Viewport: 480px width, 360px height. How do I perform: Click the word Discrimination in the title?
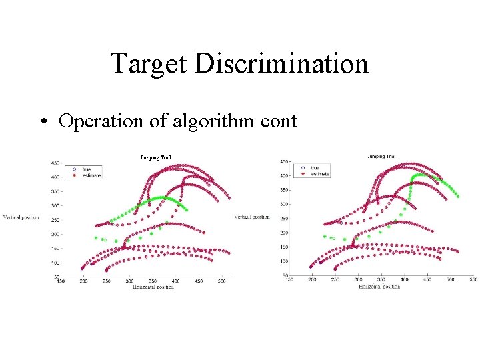[282, 64]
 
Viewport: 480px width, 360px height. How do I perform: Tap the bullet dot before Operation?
[43, 121]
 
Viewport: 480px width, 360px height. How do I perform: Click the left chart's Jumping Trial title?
[156, 158]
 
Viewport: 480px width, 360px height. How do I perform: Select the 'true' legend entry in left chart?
[85, 169]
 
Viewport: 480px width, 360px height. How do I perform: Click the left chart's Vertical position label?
[21, 217]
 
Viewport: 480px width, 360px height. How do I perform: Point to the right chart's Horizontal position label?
[379, 287]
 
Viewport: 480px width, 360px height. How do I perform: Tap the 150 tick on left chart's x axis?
[61, 281]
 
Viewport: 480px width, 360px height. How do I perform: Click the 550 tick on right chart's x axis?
[473, 280]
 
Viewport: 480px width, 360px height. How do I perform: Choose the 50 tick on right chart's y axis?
[285, 275]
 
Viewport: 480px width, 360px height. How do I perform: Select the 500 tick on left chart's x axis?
[221, 281]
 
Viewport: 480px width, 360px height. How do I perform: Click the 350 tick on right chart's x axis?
[381, 280]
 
